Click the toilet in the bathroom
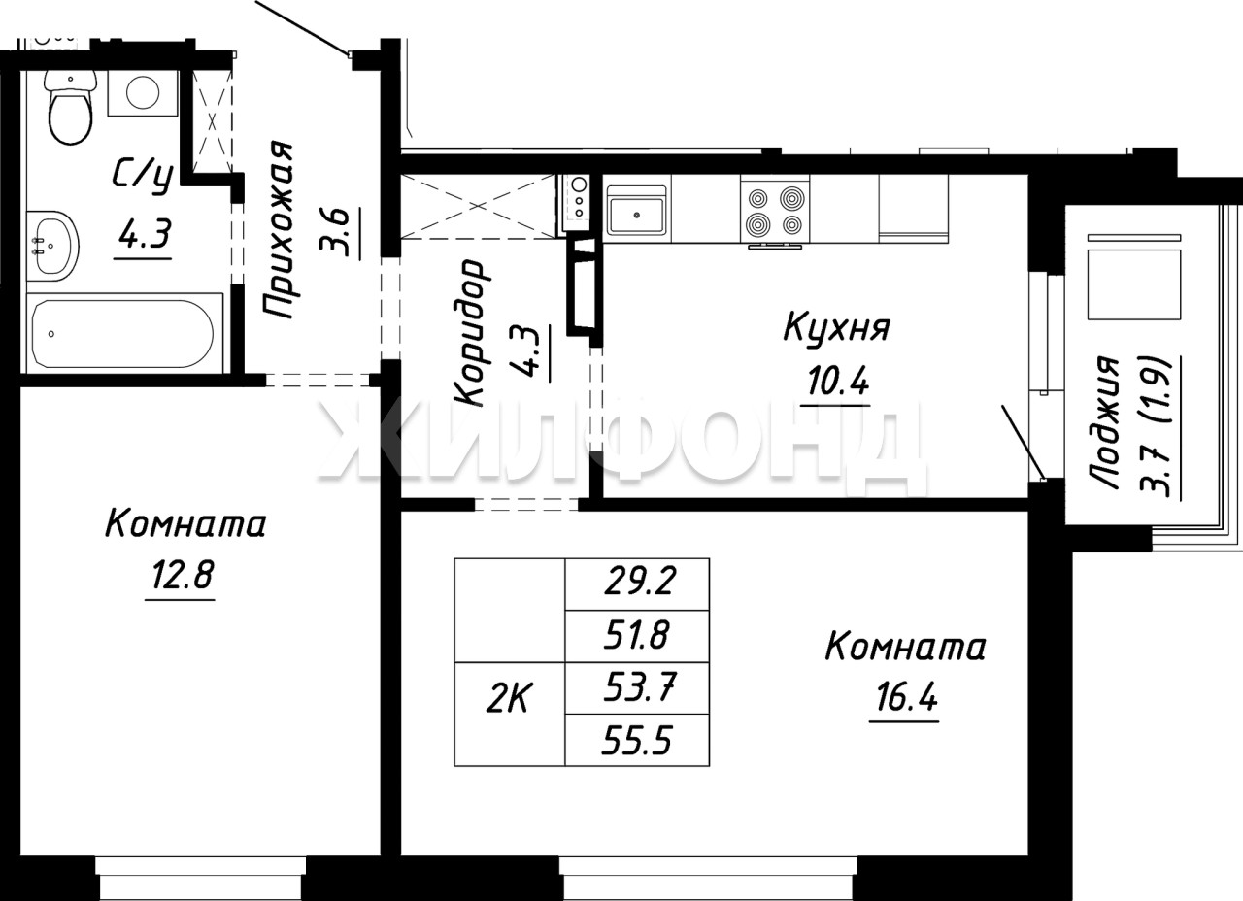70,107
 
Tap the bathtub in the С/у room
122,333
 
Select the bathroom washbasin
52,246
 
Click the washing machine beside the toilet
143,92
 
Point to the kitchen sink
636,210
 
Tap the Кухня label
837,328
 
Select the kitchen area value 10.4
838,382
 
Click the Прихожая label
279,230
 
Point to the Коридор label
469,332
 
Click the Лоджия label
1104,422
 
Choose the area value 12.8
183,575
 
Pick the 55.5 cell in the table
637,740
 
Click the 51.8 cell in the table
637,635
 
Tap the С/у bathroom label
143,177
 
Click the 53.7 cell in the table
637,687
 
